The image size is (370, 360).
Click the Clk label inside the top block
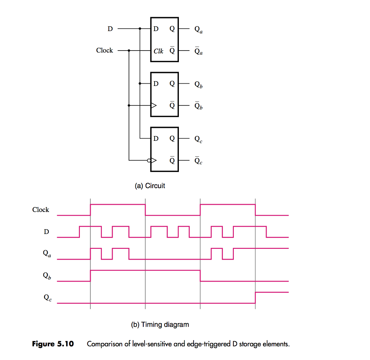tap(158, 51)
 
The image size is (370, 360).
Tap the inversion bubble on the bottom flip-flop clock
tap(149, 160)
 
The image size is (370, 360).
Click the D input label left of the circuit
tap(110, 29)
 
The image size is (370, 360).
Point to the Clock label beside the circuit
tap(104, 51)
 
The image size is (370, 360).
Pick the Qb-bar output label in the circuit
tap(198, 106)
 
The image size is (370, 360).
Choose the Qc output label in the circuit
tap(198, 139)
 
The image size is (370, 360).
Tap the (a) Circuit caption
tap(150, 186)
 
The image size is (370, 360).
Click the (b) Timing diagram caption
tap(160, 324)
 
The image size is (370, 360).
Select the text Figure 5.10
tap(53, 344)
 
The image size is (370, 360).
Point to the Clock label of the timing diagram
tap(40, 210)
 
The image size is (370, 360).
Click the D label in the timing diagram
tap(46, 232)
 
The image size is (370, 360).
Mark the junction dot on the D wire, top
tap(140, 29)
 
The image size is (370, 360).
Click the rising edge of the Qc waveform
tap(255, 298)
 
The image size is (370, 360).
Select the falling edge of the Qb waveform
tap(200, 276)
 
